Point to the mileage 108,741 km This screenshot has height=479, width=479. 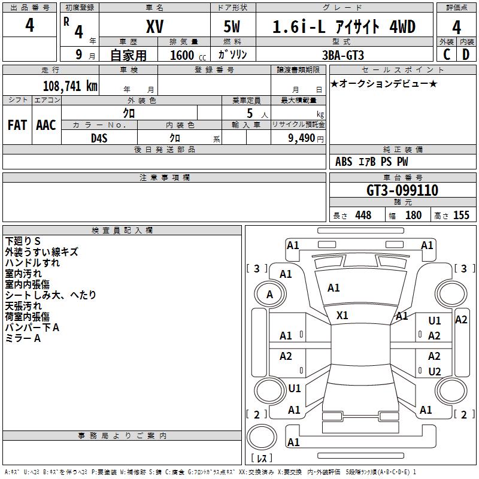[x=70, y=86]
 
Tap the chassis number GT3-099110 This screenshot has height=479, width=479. [x=402, y=190]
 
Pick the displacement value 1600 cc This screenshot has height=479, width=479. [x=185, y=55]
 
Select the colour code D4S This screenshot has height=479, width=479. [x=99, y=138]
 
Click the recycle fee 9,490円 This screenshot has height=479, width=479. [x=305, y=138]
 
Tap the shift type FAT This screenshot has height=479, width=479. [x=17, y=125]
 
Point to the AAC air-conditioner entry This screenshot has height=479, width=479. [x=46, y=125]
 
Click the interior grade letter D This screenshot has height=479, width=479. [x=465, y=54]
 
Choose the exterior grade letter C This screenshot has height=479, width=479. [x=447, y=54]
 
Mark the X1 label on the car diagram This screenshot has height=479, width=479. [x=342, y=315]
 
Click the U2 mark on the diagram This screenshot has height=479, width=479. [x=435, y=372]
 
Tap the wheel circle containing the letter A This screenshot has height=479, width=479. [x=269, y=295]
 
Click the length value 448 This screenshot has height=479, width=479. [x=363, y=216]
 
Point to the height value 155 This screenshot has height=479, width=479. [x=461, y=216]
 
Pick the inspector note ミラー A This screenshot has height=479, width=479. [x=23, y=338]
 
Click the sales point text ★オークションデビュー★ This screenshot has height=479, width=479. [x=384, y=83]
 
